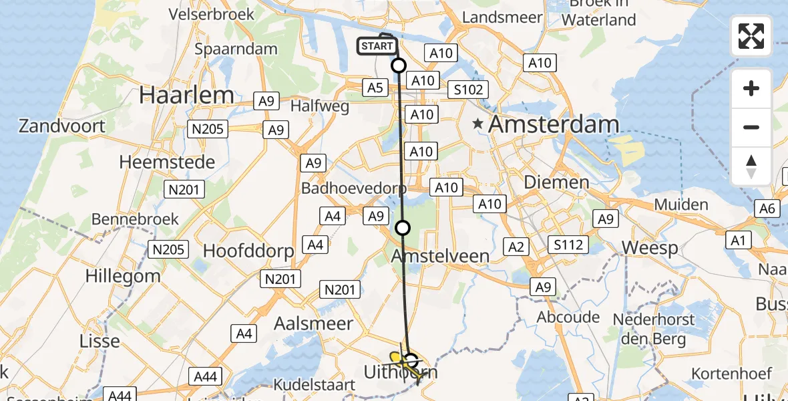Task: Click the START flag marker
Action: pyautogui.click(x=377, y=46)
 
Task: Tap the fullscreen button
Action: pyautogui.click(x=751, y=36)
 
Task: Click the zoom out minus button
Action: pyautogui.click(x=751, y=127)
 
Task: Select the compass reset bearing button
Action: pyautogui.click(x=751, y=166)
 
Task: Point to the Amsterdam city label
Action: pyautogui.click(x=554, y=124)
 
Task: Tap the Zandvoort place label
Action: pyautogui.click(x=62, y=126)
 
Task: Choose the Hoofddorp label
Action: pyautogui.click(x=248, y=251)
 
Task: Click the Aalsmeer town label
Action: pyautogui.click(x=314, y=323)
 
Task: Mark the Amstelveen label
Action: pyautogui.click(x=440, y=256)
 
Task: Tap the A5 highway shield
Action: pyautogui.click(x=375, y=87)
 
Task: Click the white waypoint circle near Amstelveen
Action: pyautogui.click(x=403, y=228)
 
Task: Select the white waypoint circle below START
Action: pyautogui.click(x=399, y=65)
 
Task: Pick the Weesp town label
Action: pyautogui.click(x=650, y=248)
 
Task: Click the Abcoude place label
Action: pyautogui.click(x=569, y=317)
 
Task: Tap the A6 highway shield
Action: pyautogui.click(x=767, y=209)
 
